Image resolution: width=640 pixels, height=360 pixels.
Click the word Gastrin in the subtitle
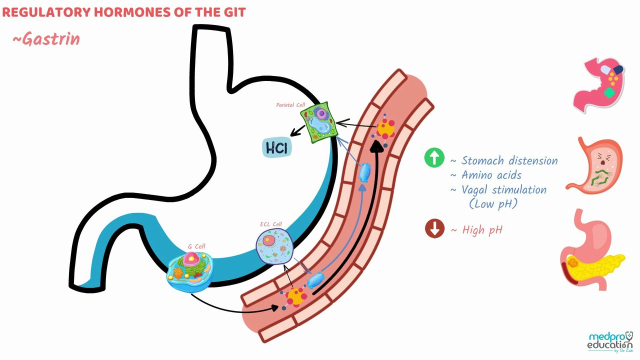(x=51, y=39)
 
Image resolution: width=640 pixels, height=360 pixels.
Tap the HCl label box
(x=277, y=147)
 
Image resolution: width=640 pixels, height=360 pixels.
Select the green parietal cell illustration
(x=319, y=122)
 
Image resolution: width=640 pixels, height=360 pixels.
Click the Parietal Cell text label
(x=290, y=105)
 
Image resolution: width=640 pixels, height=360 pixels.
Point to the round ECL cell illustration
(x=274, y=246)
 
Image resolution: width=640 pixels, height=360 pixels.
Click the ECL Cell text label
(x=271, y=224)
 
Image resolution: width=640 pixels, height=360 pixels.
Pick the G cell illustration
(x=190, y=271)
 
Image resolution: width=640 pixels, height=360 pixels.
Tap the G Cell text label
(x=196, y=246)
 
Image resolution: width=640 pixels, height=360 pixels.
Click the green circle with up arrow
(x=434, y=157)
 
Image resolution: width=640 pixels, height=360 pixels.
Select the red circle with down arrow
(x=434, y=228)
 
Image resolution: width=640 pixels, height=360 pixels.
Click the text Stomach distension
(x=509, y=161)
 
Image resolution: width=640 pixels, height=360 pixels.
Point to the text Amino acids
(x=491, y=175)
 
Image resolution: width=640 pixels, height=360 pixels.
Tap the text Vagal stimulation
(x=504, y=190)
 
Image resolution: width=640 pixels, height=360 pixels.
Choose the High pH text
(x=482, y=230)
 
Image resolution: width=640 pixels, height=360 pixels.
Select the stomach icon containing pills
(x=599, y=85)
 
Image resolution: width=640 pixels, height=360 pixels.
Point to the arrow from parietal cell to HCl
(x=297, y=131)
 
